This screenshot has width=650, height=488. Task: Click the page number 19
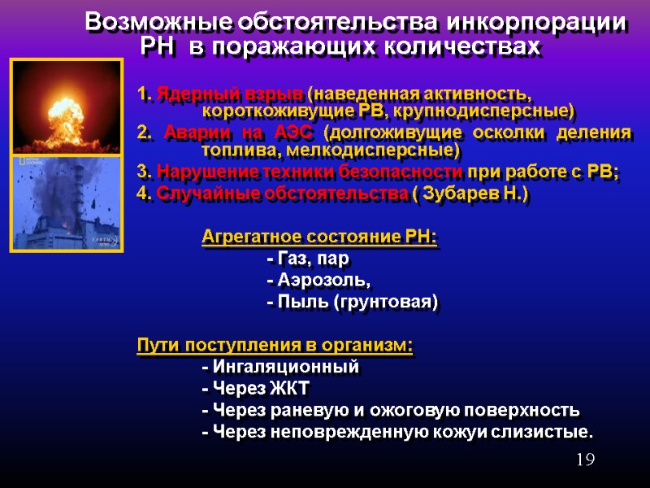point(585,460)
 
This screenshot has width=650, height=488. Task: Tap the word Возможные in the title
point(160,23)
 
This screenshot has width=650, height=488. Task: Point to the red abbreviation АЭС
point(291,132)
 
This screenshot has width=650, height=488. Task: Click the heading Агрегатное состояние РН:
point(318,237)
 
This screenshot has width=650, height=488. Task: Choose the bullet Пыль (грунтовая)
point(352,303)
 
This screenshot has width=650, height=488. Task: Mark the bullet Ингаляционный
point(279,366)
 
